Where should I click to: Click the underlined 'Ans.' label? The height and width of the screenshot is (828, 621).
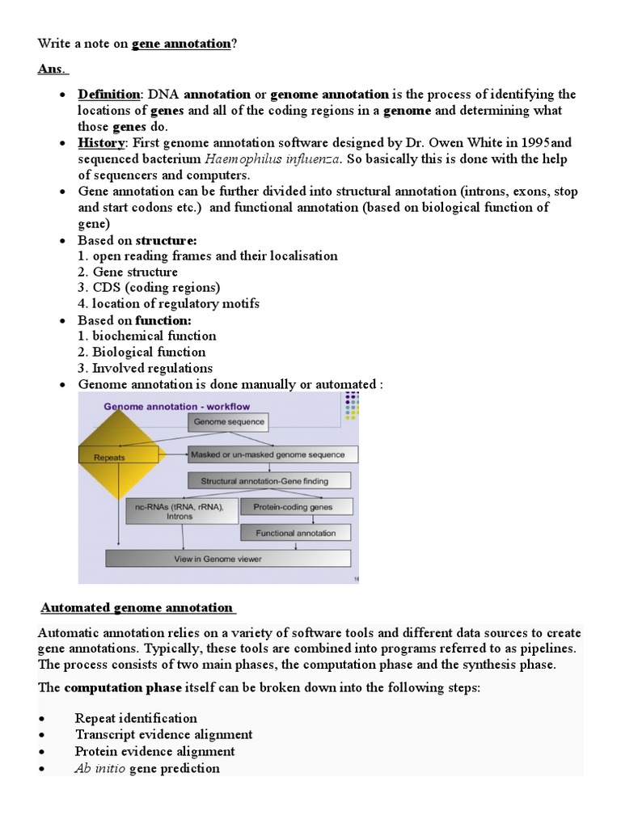click(x=53, y=69)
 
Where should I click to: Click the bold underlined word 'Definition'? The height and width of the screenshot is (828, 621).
click(x=108, y=95)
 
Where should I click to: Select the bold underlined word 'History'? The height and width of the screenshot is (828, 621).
click(x=101, y=143)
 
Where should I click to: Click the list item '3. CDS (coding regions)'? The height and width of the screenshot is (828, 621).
click(x=149, y=288)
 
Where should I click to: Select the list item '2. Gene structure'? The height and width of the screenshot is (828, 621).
click(x=128, y=272)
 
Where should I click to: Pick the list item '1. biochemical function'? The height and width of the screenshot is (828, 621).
click(x=147, y=336)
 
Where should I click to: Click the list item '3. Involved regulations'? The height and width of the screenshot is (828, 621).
click(x=146, y=368)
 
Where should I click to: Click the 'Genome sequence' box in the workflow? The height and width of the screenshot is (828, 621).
click(x=229, y=422)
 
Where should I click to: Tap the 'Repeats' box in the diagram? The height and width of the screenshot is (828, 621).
click(x=109, y=456)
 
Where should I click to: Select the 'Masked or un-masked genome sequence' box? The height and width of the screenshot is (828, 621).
click(x=272, y=454)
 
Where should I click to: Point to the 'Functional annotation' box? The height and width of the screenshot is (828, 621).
click(x=295, y=533)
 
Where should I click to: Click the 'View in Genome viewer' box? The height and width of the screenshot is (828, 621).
click(x=229, y=559)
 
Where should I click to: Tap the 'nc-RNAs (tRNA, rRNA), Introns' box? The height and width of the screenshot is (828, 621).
click(x=183, y=510)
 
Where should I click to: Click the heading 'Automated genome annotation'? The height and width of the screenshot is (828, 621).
click(x=137, y=607)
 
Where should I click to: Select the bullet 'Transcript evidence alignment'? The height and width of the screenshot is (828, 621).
click(x=163, y=734)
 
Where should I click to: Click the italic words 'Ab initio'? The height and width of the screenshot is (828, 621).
click(x=100, y=768)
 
